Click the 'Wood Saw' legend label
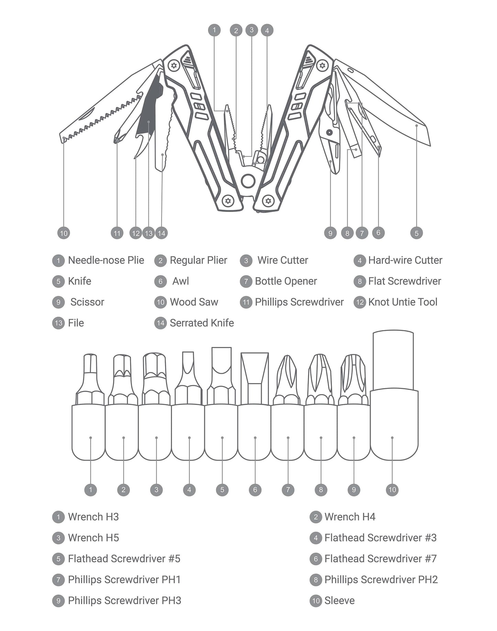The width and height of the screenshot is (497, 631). click(x=194, y=302)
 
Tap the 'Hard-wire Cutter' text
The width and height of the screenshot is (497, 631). click(x=405, y=260)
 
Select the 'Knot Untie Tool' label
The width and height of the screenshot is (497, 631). click(x=403, y=302)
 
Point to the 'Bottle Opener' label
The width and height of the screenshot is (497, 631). click(x=286, y=281)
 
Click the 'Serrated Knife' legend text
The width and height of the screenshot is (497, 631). click(x=202, y=323)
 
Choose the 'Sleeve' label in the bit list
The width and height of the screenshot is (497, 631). click(x=339, y=600)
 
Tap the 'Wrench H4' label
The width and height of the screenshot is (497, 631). click(x=350, y=516)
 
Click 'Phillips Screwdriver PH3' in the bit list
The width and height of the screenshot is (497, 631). click(x=125, y=600)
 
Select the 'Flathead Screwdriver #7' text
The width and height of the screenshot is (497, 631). click(x=380, y=558)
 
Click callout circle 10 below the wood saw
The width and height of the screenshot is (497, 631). click(x=64, y=233)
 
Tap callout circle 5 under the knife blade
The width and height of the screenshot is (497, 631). click(x=417, y=233)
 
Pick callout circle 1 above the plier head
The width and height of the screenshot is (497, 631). click(x=214, y=30)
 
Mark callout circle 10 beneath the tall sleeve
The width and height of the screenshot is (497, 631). click(x=392, y=490)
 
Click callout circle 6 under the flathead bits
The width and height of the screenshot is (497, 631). click(x=255, y=490)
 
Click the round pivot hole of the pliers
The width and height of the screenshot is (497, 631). click(x=248, y=181)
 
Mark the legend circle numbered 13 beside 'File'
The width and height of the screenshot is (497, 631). click(x=58, y=323)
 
